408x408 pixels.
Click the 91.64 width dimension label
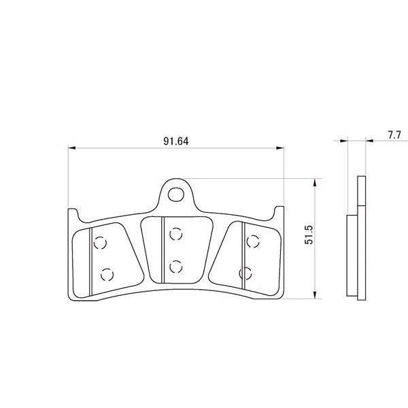click(176, 141)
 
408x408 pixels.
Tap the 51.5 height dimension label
click(309, 235)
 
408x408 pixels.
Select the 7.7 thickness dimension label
click(394, 135)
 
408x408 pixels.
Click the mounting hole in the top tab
click(176, 194)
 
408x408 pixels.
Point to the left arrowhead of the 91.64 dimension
click(72, 148)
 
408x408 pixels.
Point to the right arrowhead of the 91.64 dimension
click(280, 148)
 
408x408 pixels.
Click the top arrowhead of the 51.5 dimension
click(315, 183)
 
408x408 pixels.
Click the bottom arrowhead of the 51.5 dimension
click(315, 295)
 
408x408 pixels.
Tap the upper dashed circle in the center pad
click(176, 234)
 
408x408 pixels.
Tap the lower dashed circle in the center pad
click(176, 267)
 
